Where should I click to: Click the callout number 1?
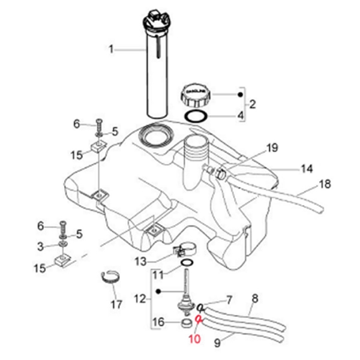pyautogui.click(x=111, y=49)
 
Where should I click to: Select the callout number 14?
pyautogui.click(x=307, y=169)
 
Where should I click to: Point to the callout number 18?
pyautogui.click(x=325, y=184)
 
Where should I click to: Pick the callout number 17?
pyautogui.click(x=115, y=304)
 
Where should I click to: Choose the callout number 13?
pyautogui.click(x=140, y=261)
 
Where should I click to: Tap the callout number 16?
pyautogui.click(x=158, y=323)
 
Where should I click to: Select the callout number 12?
pyautogui.click(x=140, y=298)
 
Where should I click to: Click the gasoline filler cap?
pyautogui.click(x=196, y=95)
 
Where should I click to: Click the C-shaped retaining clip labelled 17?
pyautogui.click(x=110, y=277)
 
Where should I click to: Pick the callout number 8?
pyautogui.click(x=254, y=297)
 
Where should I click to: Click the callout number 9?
pyautogui.click(x=217, y=343)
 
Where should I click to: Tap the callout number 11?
pyautogui.click(x=157, y=275)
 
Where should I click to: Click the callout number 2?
pyautogui.click(x=253, y=104)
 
